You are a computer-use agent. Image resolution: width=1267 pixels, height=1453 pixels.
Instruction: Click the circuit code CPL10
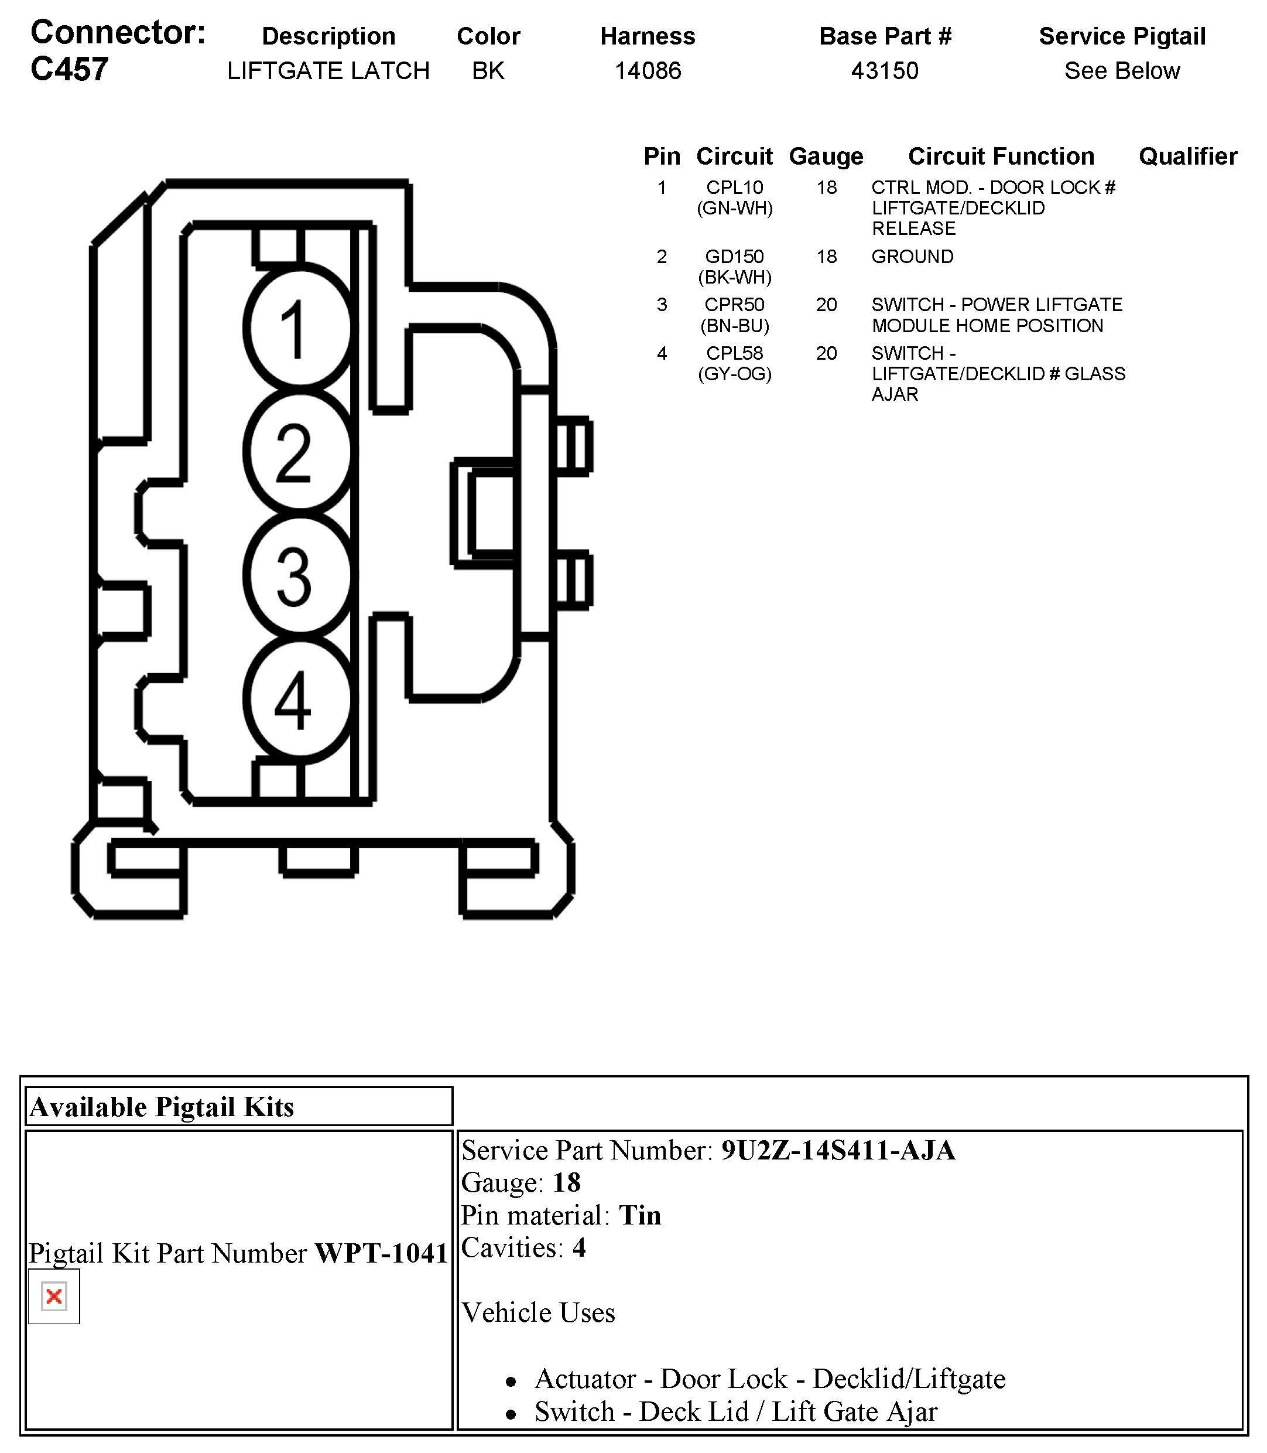point(735,187)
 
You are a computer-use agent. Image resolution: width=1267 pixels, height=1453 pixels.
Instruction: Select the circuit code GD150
point(735,257)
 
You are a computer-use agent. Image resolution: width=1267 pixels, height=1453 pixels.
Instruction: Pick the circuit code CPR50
point(735,305)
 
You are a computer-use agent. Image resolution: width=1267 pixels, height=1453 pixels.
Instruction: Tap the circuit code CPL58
point(735,353)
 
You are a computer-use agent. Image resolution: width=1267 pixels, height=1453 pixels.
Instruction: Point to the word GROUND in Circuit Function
point(912,257)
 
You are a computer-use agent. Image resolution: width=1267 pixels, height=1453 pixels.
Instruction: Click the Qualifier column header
point(1188,156)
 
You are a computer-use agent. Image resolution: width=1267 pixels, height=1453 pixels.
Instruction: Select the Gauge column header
point(826,156)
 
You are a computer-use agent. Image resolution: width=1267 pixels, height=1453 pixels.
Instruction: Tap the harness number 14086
point(648,71)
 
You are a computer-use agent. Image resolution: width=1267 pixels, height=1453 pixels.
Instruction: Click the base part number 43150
point(885,71)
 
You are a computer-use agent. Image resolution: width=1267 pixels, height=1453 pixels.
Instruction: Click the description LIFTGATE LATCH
point(328,71)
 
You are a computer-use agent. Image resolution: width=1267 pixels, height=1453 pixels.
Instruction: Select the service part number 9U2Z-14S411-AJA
point(838,1151)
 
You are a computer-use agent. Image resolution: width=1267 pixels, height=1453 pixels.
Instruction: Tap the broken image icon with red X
point(54,1297)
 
